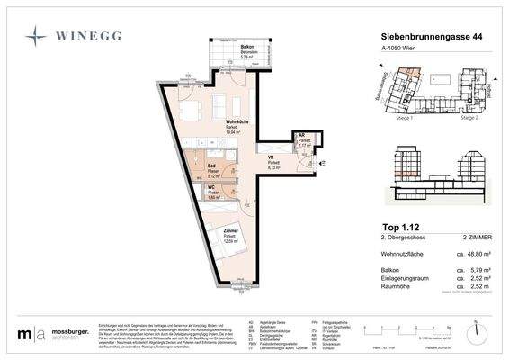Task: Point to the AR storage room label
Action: [x=304, y=137]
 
